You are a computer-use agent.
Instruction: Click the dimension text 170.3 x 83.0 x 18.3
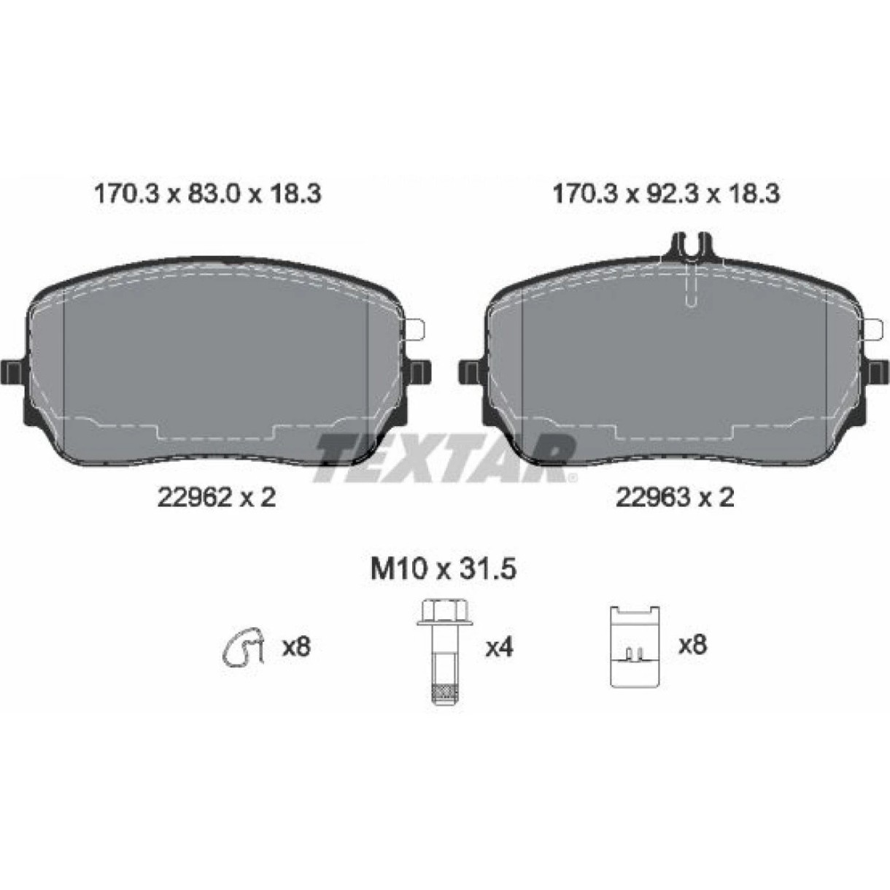[207, 194]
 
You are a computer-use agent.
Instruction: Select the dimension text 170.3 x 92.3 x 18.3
[667, 194]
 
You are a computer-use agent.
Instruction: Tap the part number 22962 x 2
[217, 498]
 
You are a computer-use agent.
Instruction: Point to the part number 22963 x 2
[676, 498]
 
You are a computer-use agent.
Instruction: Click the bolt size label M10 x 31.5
[444, 570]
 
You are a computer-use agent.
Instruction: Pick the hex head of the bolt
[445, 613]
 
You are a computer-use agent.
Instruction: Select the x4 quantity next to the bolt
[499, 648]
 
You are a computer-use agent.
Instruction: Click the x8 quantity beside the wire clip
[296, 647]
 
